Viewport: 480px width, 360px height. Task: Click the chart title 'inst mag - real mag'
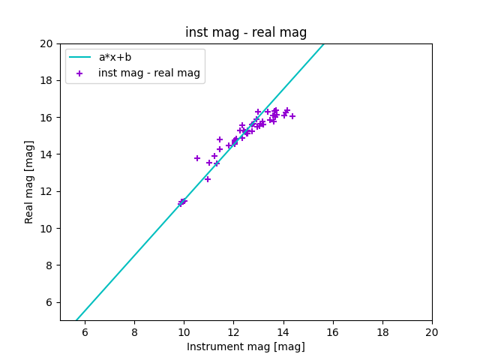(x=246, y=32)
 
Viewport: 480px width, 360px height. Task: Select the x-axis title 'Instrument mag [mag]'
(x=246, y=346)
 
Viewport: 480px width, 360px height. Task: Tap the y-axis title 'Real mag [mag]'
(x=30, y=181)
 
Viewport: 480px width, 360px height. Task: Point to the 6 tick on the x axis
(x=85, y=332)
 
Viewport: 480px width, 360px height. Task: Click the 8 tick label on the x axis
(x=134, y=332)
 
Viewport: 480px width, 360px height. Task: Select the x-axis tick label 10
(x=184, y=332)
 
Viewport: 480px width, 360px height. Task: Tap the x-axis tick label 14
(x=283, y=332)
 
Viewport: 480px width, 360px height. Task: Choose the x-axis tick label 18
(x=382, y=332)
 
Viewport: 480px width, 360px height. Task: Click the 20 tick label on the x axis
(x=432, y=332)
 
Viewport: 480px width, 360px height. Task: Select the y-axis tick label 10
(x=48, y=228)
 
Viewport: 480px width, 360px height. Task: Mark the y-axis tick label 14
(x=48, y=154)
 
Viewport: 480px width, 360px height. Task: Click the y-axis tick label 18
(x=48, y=80)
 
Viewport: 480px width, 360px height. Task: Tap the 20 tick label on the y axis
(x=48, y=43)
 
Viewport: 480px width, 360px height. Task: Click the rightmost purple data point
(x=292, y=116)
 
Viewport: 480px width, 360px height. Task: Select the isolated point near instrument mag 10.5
(x=197, y=158)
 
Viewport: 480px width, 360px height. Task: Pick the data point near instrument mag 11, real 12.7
(x=208, y=178)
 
